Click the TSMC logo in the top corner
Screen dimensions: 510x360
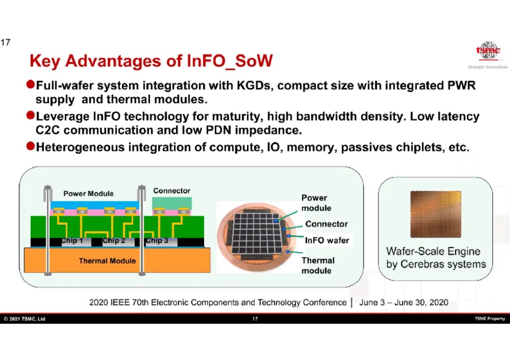pyautogui.click(x=488, y=50)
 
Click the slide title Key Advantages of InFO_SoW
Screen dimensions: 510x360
pyautogui.click(x=151, y=61)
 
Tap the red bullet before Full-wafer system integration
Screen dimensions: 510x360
pyautogui.click(x=31, y=84)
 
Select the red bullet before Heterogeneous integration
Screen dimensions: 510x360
pyautogui.click(x=31, y=146)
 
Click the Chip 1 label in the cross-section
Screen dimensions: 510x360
pyautogui.click(x=72, y=241)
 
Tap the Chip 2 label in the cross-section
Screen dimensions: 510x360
pyautogui.click(x=114, y=241)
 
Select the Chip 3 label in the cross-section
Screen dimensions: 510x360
pyautogui.click(x=157, y=241)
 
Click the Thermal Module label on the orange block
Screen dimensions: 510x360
pyautogui.click(x=107, y=261)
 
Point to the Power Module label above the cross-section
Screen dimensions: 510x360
pyautogui.click(x=88, y=193)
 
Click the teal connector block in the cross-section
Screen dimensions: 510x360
pyautogui.click(x=172, y=203)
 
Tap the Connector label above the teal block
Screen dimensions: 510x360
pyautogui.click(x=172, y=191)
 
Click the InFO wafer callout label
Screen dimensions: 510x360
pyautogui.click(x=327, y=241)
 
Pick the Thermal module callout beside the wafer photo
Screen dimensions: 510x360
pyautogui.click(x=318, y=266)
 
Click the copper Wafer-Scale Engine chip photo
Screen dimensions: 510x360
pyautogui.click(x=436, y=214)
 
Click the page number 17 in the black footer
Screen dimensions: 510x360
pyautogui.click(x=255, y=319)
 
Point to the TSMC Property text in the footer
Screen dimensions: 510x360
pyautogui.click(x=490, y=319)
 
